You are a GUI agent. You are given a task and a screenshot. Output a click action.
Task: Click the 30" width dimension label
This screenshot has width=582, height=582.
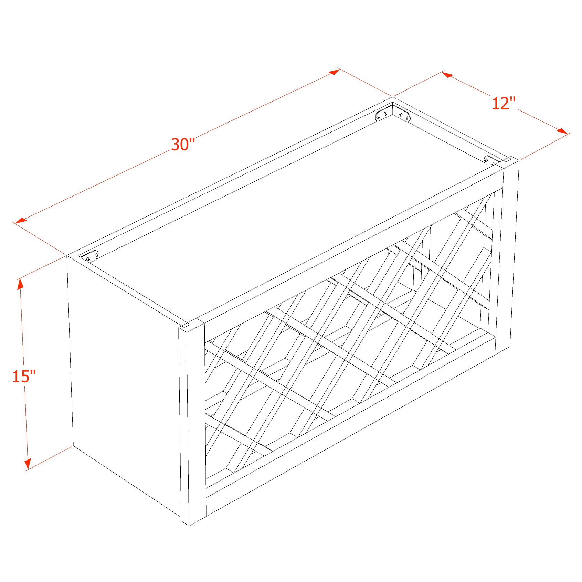coord(183,145)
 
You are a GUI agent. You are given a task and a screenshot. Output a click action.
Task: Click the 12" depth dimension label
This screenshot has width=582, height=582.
coord(504,103)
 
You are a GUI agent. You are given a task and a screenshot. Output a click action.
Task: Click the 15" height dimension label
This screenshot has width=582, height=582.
coord(24,377)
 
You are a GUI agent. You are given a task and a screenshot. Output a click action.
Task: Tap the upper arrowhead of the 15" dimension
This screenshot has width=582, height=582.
coord(21,284)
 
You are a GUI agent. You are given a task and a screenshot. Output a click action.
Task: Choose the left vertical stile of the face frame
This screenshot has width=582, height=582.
coord(196,420)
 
